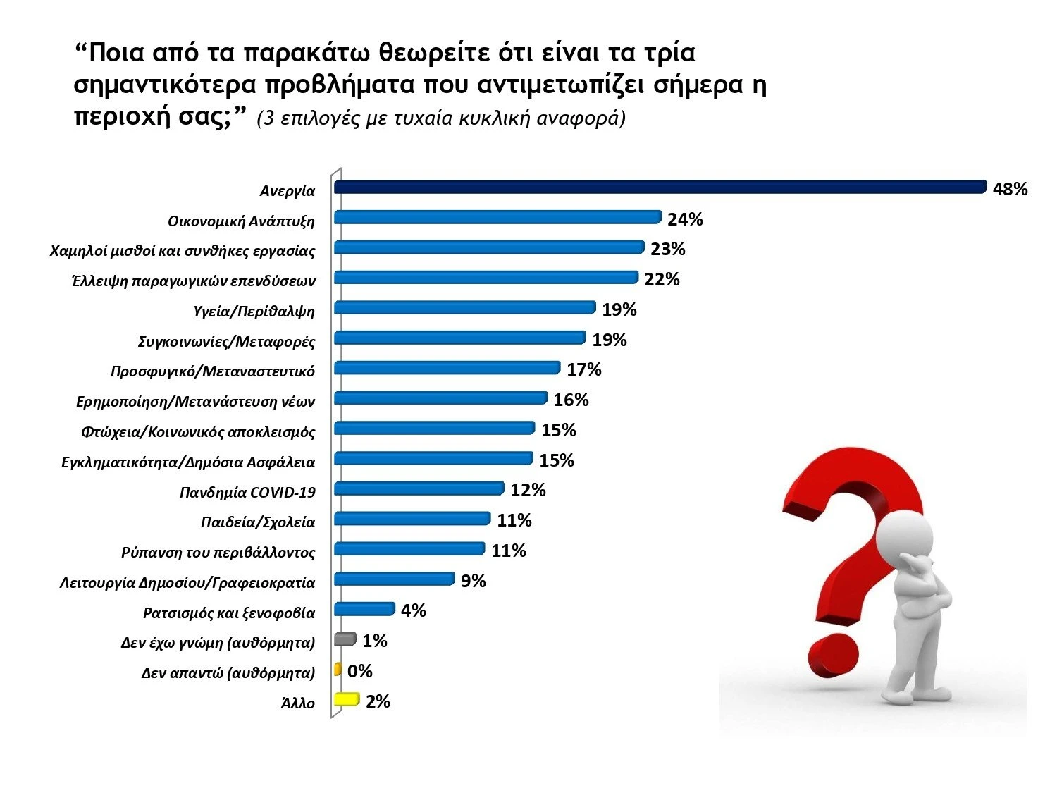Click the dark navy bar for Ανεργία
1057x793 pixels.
coord(660,187)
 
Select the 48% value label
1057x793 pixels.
coord(1010,189)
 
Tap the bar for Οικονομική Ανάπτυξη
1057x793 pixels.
coord(497,217)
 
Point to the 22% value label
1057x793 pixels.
coord(662,280)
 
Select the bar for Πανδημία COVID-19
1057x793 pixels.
coord(419,488)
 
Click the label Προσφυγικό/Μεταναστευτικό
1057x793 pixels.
coord(212,371)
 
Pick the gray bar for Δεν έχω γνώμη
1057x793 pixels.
coord(345,639)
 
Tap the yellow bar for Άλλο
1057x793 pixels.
coord(346,699)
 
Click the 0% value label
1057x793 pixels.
coord(359,671)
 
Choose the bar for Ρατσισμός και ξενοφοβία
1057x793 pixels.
coord(364,609)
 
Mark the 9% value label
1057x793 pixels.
coord(473,581)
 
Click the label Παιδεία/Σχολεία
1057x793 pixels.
coord(257,522)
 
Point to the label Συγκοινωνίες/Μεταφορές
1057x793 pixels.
coord(226,342)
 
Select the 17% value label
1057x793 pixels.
coord(583,370)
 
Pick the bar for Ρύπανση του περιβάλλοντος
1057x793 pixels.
coord(409,548)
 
